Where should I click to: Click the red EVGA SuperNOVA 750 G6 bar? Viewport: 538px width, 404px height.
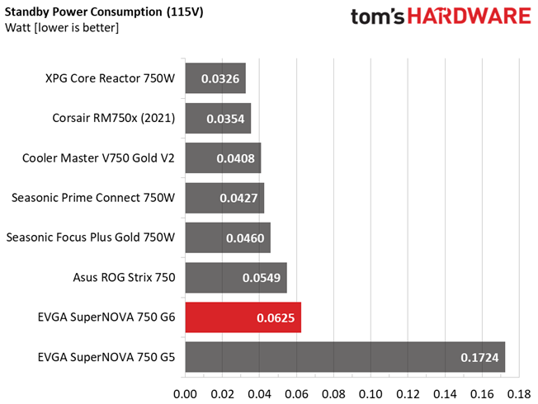click(243, 317)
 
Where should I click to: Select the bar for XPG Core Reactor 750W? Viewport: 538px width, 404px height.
click(215, 79)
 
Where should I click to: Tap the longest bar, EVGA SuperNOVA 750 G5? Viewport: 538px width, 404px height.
click(345, 357)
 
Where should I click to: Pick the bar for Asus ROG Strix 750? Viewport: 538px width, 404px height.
click(235, 278)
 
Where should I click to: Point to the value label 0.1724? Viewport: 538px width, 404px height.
click(480, 357)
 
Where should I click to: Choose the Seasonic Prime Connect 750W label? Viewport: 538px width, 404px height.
click(93, 198)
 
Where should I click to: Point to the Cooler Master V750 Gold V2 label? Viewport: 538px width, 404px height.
click(99, 158)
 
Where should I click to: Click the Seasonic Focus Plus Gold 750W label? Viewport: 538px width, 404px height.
click(91, 237)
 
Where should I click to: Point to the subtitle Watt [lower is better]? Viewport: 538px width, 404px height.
click(62, 29)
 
